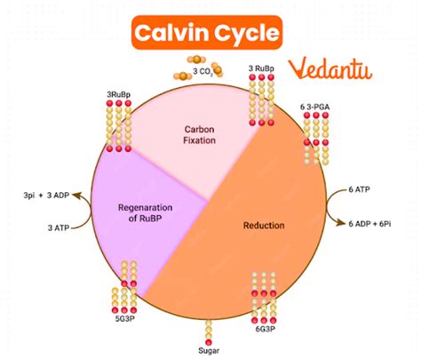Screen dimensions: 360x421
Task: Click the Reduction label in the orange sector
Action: click(x=264, y=225)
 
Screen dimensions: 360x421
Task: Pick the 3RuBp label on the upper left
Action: click(x=119, y=92)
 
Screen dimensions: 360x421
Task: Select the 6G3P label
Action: click(x=264, y=328)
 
